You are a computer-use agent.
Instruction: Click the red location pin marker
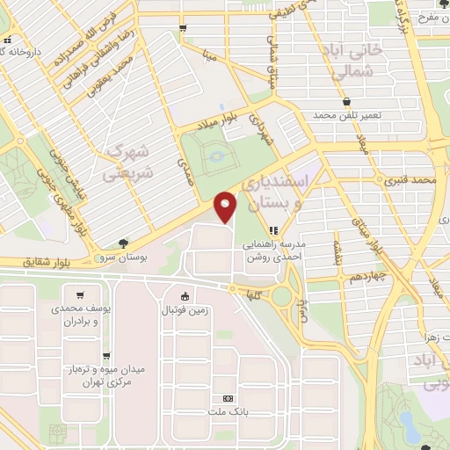pos(227,206)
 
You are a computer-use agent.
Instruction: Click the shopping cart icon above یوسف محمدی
pos(81,295)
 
